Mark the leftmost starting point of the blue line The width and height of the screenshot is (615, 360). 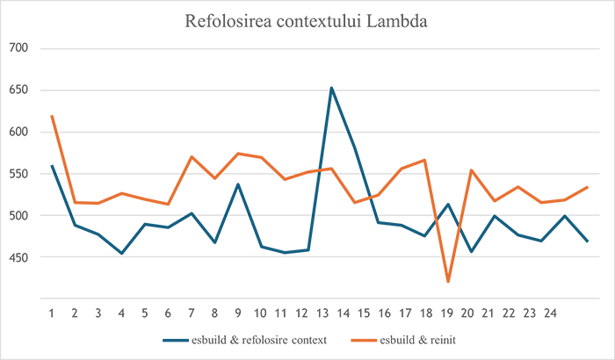click(46, 160)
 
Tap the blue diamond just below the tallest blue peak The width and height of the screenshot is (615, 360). click(331, 114)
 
